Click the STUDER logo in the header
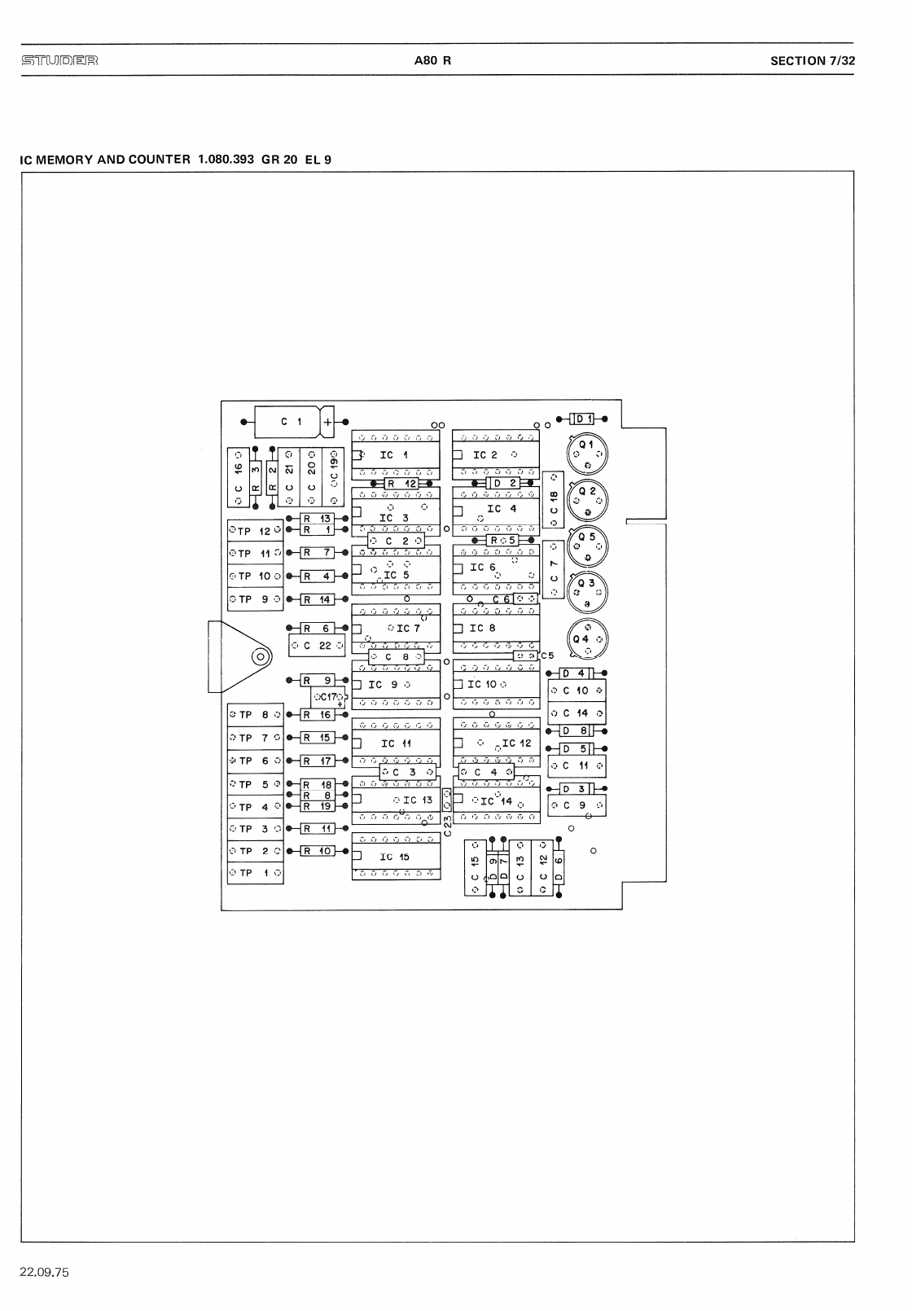coord(59,60)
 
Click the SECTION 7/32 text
coord(813,60)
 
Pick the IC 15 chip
coord(395,857)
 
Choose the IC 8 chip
coord(496,628)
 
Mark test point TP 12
coord(255,531)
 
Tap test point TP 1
coord(255,873)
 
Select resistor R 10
coord(318,851)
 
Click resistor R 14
coord(318,599)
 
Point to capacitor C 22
coord(318,646)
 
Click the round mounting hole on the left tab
coord(261,655)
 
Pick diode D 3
coord(577,788)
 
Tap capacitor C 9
coord(577,805)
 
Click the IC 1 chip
coord(395,455)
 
